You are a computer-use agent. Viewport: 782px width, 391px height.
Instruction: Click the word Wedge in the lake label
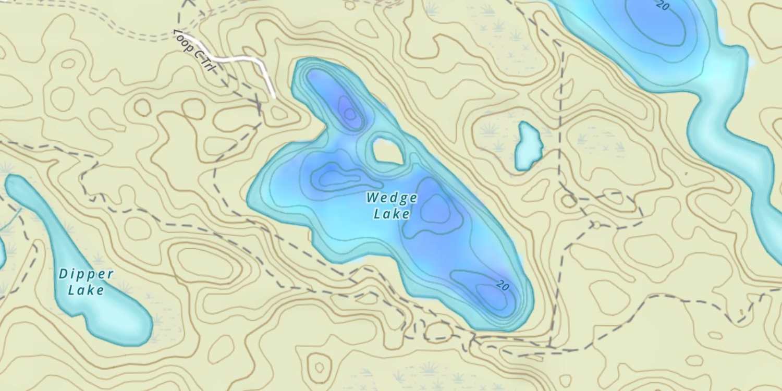click(x=392, y=198)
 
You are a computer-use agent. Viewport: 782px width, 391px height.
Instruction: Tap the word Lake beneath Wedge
click(x=392, y=214)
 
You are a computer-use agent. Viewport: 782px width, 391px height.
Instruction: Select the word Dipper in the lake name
click(x=86, y=274)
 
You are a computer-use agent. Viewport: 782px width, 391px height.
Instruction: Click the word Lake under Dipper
click(x=86, y=290)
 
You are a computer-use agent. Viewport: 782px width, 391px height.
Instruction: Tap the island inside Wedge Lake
click(x=387, y=151)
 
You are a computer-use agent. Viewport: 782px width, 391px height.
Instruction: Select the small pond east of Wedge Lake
click(x=528, y=146)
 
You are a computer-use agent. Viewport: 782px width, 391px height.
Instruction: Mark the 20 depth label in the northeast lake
click(x=663, y=6)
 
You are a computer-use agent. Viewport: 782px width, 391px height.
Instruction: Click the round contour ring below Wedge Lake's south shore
click(x=438, y=332)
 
